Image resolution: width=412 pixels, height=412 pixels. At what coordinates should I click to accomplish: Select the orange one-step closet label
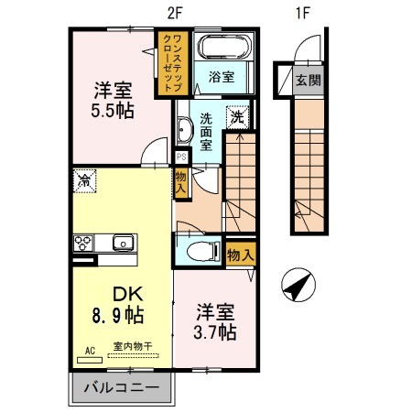click(x=170, y=61)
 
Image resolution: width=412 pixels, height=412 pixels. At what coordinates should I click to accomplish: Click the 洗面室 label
click(x=208, y=131)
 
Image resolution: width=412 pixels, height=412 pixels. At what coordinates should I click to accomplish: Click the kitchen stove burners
click(x=82, y=243)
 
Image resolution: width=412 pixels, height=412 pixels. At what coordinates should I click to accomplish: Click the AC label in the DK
click(x=91, y=350)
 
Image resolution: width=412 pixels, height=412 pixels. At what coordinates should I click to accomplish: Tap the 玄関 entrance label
click(x=308, y=81)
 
